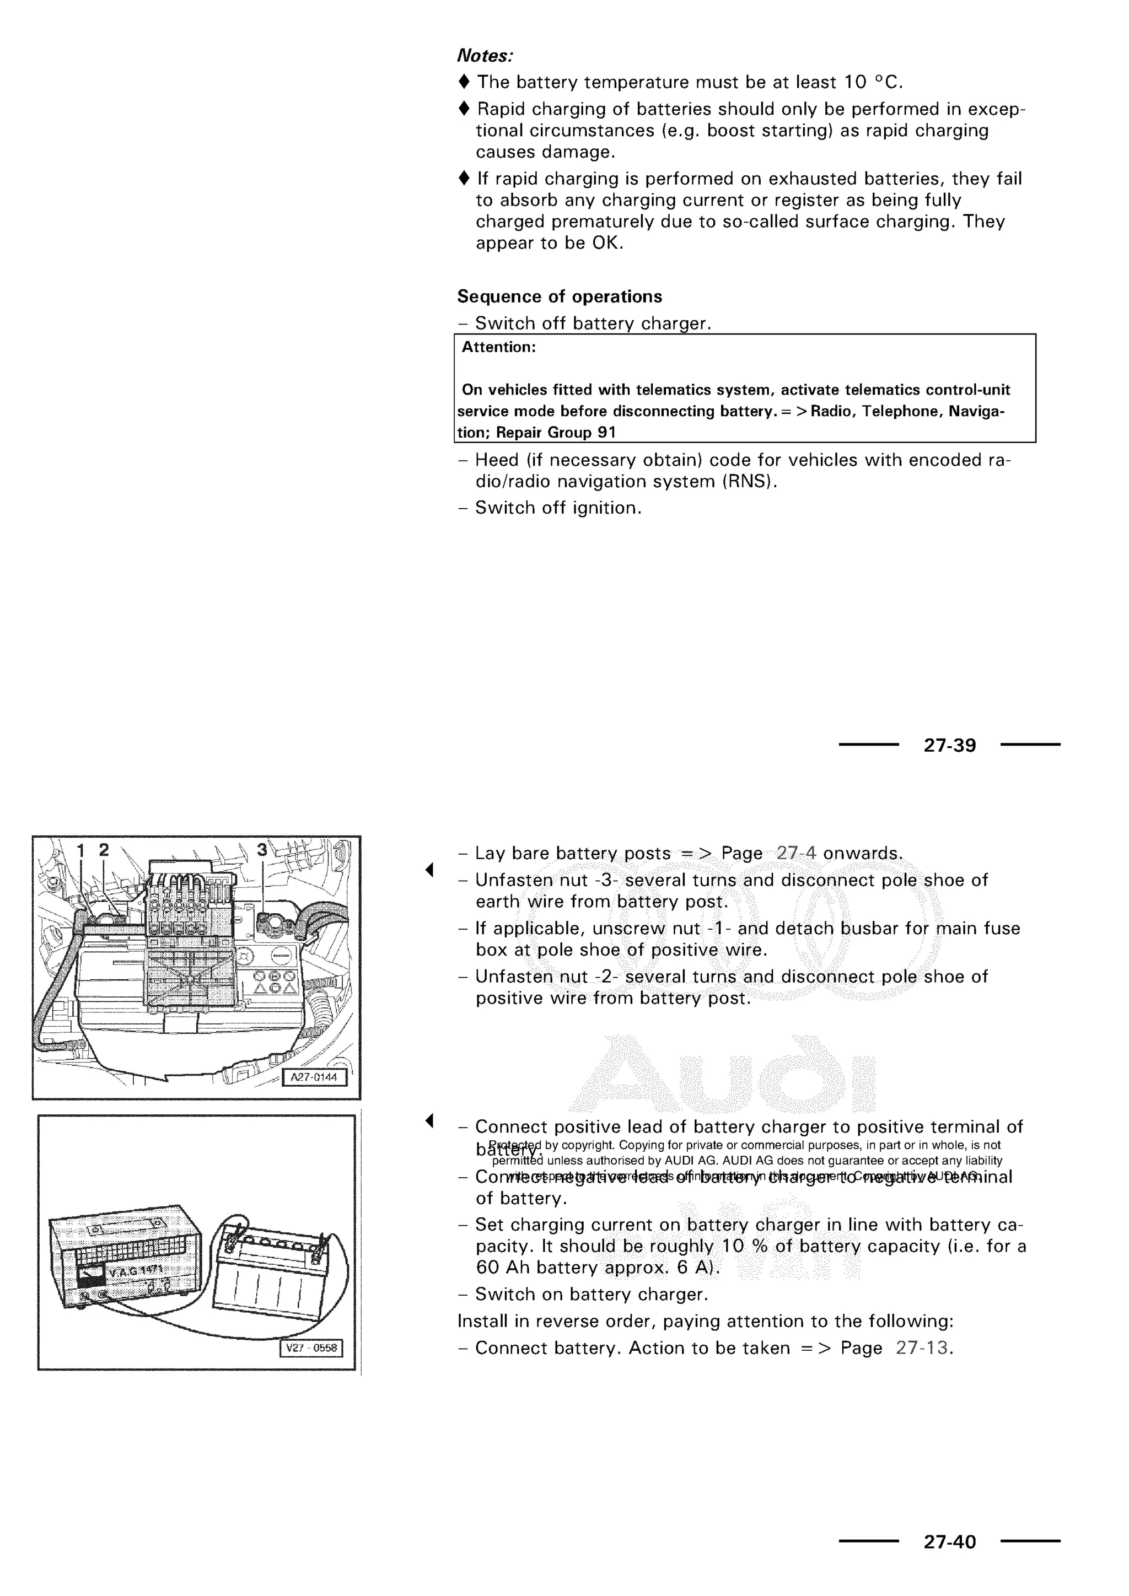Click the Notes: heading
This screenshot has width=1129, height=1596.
(x=485, y=56)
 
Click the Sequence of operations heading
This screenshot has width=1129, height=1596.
(x=559, y=297)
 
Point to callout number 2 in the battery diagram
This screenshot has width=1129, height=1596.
(x=104, y=849)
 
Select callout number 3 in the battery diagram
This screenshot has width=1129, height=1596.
(x=261, y=849)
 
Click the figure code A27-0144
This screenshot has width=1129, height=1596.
(x=314, y=1077)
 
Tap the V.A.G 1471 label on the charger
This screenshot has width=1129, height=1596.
(x=136, y=1271)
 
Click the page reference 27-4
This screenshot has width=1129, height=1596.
(x=796, y=854)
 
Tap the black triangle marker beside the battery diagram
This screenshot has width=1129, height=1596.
(x=429, y=870)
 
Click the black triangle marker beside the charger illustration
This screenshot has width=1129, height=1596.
(x=429, y=1120)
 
